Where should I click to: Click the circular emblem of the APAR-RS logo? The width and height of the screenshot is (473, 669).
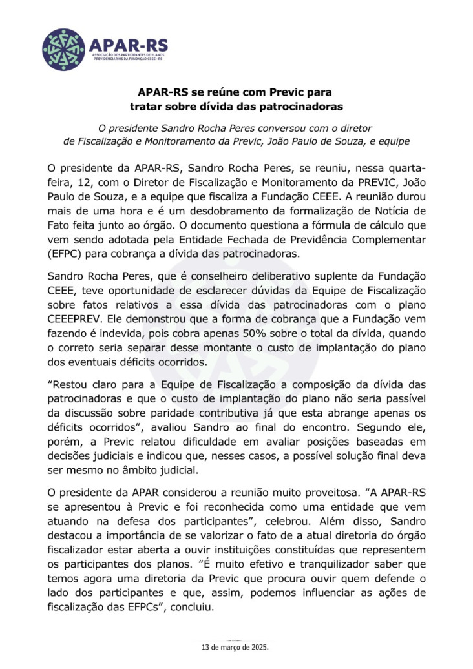click(63, 49)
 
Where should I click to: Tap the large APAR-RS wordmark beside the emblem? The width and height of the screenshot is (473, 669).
click(129, 45)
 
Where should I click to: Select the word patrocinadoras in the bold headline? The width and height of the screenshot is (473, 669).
click(305, 106)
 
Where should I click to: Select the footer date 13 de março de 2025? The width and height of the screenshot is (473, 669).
click(236, 646)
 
